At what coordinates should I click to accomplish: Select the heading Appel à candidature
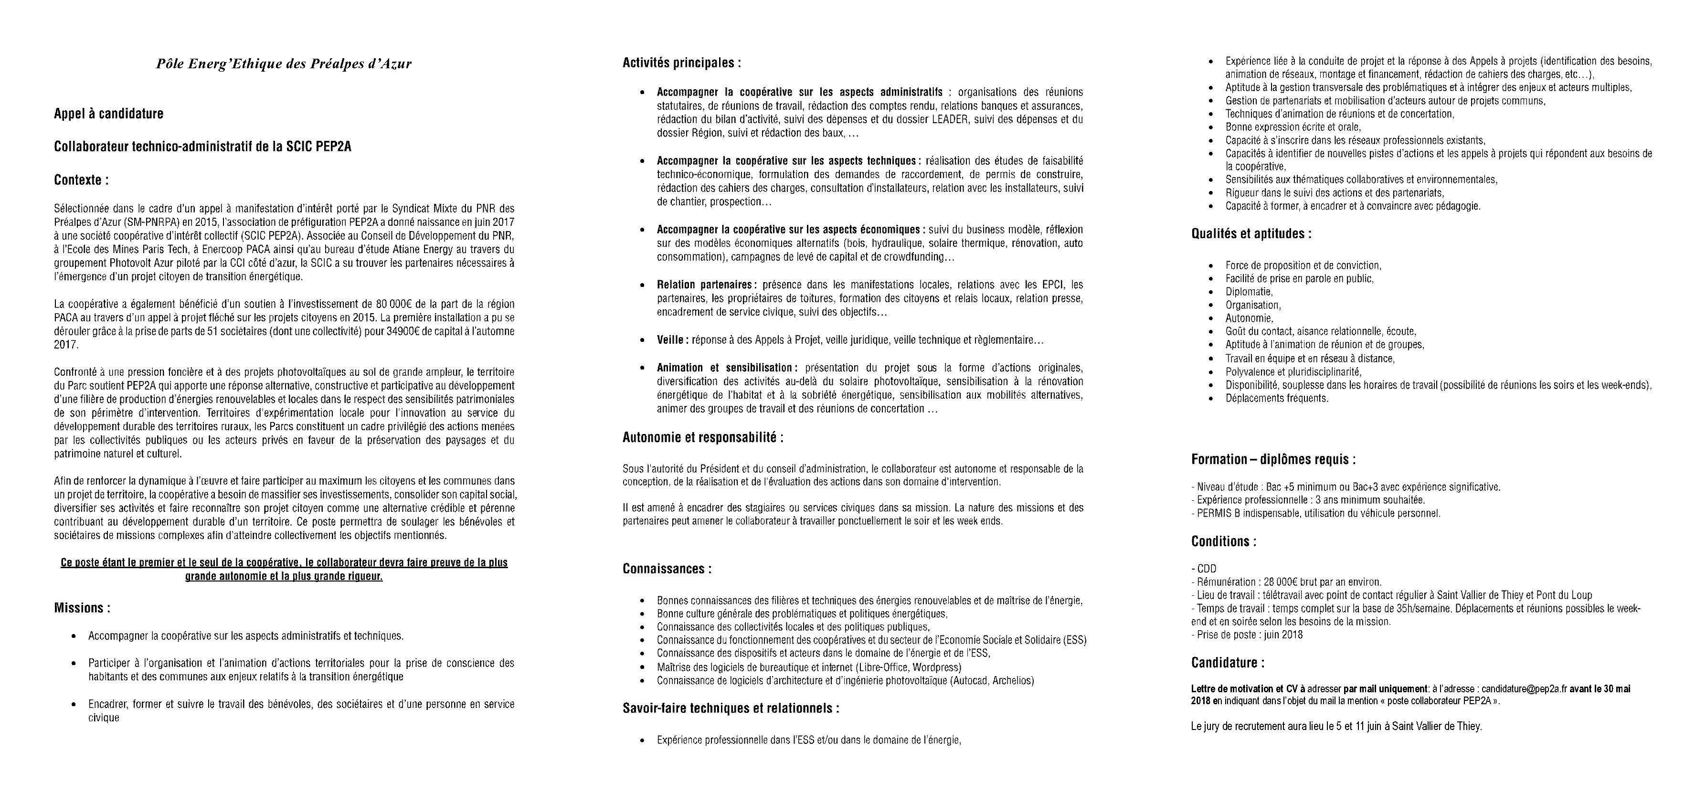108,114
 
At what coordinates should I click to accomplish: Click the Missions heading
82,608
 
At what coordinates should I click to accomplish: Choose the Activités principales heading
681,63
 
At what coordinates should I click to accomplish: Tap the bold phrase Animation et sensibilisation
726,368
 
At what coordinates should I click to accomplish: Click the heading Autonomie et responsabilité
703,438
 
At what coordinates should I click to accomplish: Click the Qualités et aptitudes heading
1251,234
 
